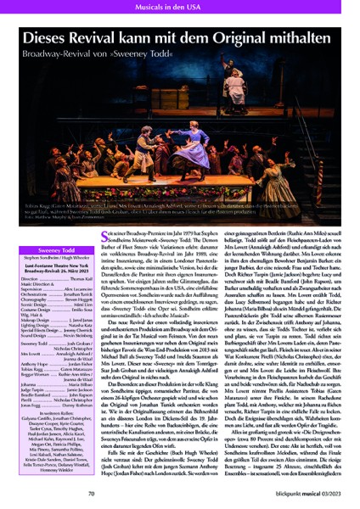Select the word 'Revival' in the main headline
pos(127,37)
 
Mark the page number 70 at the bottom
pos(40,492)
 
